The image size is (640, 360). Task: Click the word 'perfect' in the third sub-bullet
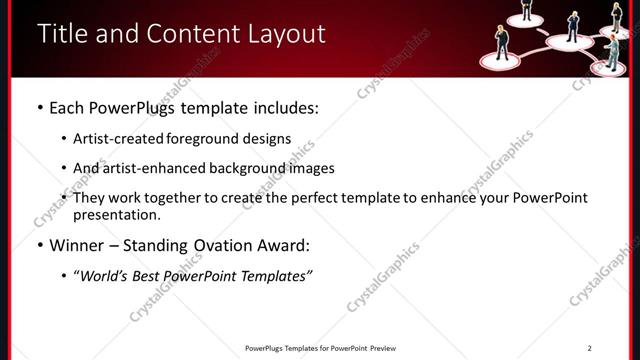320,198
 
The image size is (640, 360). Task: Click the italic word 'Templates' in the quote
275,276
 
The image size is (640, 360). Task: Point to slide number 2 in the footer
589,348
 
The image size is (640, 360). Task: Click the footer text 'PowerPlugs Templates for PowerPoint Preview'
320,348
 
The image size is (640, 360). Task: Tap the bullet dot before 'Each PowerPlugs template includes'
39,107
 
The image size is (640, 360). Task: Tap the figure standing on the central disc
573,24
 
